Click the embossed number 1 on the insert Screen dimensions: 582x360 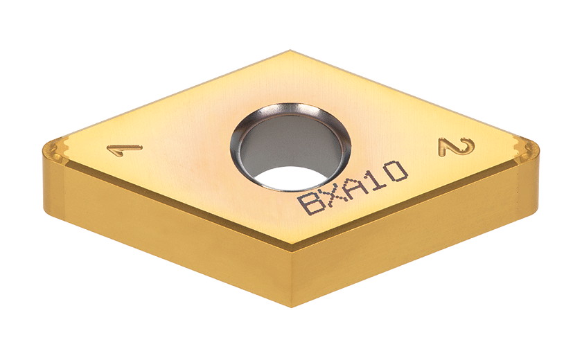pos(124,150)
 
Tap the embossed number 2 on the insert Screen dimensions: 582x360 pos(457,147)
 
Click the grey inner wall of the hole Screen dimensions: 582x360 pos(290,147)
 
